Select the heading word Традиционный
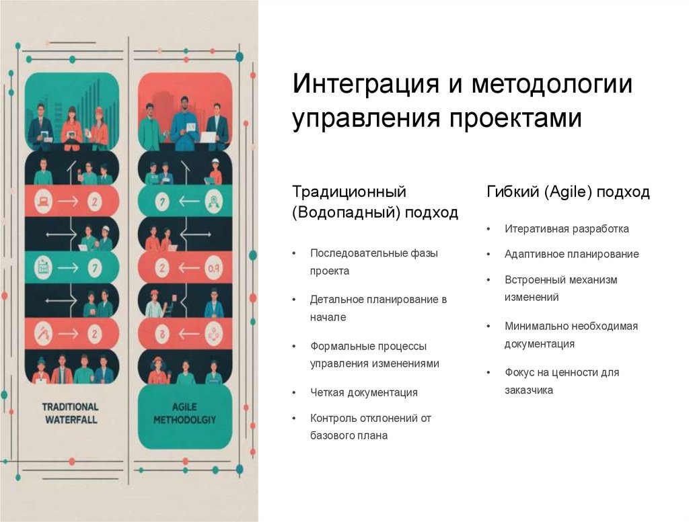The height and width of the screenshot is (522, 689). (x=349, y=193)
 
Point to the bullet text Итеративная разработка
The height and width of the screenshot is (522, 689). (x=567, y=228)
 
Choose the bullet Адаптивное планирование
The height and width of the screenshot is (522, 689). (x=571, y=254)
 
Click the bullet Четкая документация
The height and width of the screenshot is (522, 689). (x=363, y=392)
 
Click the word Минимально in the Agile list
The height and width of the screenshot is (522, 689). (x=536, y=326)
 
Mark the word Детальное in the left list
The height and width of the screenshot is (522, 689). (x=336, y=299)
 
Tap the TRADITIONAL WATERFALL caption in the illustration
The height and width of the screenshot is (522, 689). (x=70, y=412)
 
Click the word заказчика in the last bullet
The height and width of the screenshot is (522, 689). (x=529, y=390)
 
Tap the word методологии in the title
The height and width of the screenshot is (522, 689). (x=552, y=85)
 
